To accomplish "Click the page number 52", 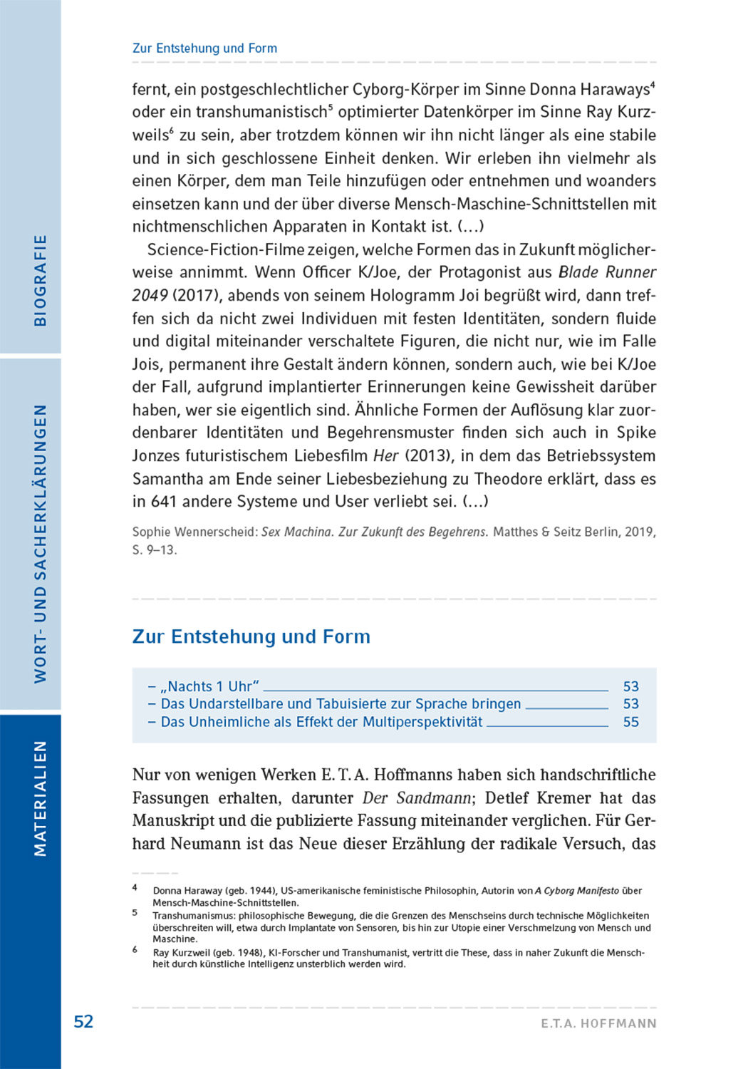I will point(83,1021).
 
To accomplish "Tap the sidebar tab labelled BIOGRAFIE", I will point(40,280).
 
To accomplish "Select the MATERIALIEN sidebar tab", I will point(40,797).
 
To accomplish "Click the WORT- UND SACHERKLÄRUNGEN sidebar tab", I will point(40,544).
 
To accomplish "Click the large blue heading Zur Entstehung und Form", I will point(251,636).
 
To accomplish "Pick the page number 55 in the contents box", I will point(630,722).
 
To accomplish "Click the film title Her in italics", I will point(385,456).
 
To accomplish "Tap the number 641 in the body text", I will point(163,502).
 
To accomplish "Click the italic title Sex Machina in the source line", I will point(296,532).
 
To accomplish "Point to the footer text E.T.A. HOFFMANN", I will point(598,1023).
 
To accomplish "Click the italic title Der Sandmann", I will point(416,798).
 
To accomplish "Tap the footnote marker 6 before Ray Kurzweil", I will point(135,949).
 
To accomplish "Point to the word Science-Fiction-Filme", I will point(226,249).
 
